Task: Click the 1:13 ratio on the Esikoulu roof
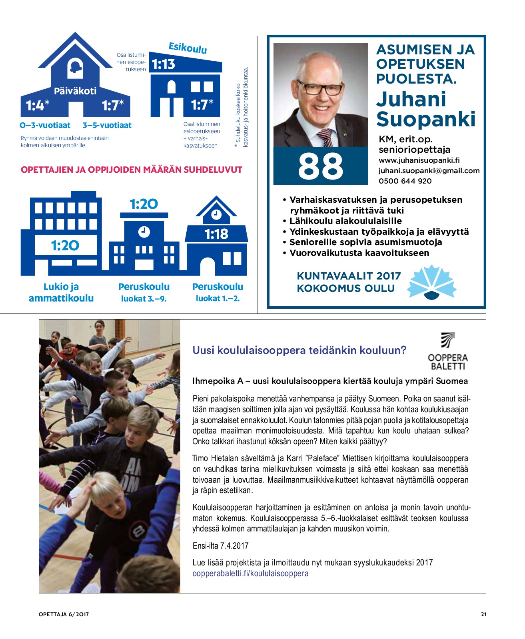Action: coord(163,64)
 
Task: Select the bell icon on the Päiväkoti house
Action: coord(75,68)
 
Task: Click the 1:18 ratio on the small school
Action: coord(216,234)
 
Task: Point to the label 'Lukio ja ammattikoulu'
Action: coord(61,292)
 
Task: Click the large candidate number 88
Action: coord(320,166)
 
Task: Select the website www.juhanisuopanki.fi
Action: coord(419,160)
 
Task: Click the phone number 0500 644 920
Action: coord(405,181)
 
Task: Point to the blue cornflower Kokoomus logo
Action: coord(431,282)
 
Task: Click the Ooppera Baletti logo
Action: coord(447,351)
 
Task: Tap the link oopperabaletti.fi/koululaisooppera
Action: coord(250,573)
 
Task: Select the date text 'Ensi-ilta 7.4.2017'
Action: coord(220,546)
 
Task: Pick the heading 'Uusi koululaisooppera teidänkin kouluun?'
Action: coord(299,350)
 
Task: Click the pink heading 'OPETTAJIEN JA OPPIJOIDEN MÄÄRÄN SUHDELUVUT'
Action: coord(132,170)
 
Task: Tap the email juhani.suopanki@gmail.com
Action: coord(429,171)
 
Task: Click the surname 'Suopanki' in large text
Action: coord(426,119)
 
